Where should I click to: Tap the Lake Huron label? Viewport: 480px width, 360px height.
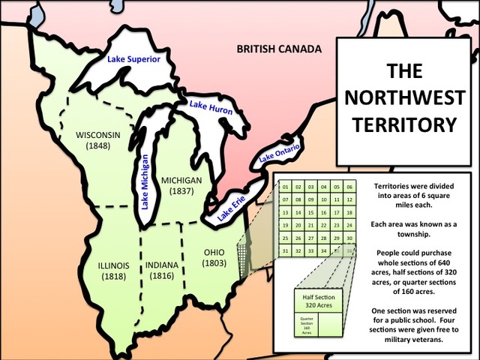pyautogui.click(x=210, y=109)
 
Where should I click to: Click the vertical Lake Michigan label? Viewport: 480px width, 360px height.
pyautogui.click(x=145, y=178)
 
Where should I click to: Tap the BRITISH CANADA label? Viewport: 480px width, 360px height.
pyautogui.click(x=279, y=49)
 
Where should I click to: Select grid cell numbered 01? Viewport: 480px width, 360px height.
pyautogui.click(x=285, y=186)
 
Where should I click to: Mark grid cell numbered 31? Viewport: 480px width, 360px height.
pyautogui.click(x=285, y=250)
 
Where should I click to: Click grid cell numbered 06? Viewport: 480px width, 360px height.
pyautogui.click(x=349, y=186)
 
